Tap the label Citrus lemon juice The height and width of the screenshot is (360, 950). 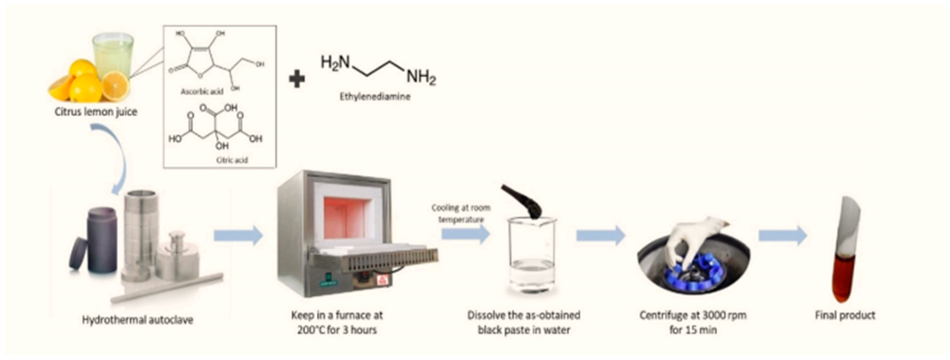tap(96, 112)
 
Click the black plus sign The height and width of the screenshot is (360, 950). tap(297, 79)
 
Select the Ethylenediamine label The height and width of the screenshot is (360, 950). tap(375, 97)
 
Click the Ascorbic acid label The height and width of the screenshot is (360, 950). tap(202, 91)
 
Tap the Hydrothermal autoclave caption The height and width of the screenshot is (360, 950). tap(138, 319)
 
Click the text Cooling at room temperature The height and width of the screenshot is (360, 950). tap(461, 214)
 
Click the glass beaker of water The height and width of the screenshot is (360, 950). tap(531, 258)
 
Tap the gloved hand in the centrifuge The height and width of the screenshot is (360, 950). tap(697, 240)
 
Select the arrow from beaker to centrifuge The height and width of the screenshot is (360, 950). tap(600, 235)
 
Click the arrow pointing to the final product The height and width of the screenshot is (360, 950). tap(782, 235)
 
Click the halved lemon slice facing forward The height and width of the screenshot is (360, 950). tap(115, 86)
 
